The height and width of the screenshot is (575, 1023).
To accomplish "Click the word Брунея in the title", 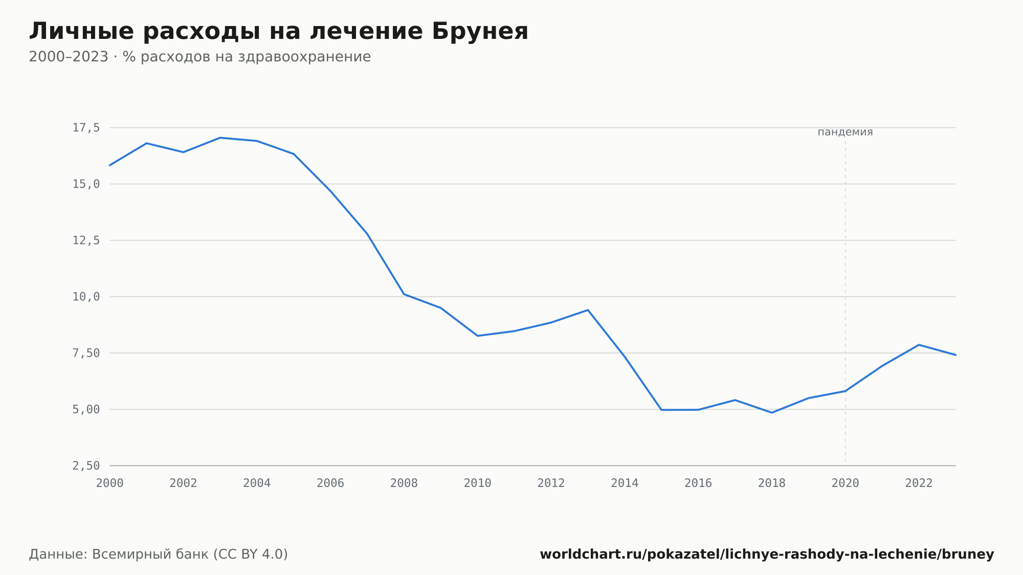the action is point(480,32).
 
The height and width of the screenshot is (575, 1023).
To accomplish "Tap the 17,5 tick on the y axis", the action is point(86,128).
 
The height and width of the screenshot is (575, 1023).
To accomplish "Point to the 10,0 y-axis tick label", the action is point(86,297).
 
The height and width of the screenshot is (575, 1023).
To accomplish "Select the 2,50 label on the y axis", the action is point(86,466).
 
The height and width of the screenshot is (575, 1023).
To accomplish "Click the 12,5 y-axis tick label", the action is point(86,240).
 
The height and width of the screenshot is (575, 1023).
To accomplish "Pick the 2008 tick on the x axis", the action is point(404,483).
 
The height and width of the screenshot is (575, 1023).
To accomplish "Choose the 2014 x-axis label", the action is point(625,483).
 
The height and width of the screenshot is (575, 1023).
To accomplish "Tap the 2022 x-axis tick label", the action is point(919,483).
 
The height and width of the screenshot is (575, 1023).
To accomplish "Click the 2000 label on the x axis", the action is point(110,483).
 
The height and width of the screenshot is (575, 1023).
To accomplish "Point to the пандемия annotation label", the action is point(845,132).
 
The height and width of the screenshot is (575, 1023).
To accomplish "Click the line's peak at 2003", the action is point(220,138).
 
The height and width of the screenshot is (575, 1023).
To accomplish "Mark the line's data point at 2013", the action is point(588,310).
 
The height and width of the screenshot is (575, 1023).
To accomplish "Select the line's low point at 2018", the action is point(772,412).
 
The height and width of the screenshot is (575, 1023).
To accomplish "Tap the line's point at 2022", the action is point(919,345).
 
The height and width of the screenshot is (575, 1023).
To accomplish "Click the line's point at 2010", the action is point(477,336).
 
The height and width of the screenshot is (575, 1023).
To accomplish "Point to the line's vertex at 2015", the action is point(661,410).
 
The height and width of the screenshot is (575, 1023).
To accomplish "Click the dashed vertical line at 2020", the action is point(845,302).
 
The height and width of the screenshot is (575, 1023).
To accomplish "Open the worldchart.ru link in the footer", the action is point(767,554).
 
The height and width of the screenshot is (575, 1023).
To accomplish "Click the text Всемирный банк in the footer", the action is point(151,554).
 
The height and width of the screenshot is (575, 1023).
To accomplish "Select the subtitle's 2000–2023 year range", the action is point(69,57).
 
